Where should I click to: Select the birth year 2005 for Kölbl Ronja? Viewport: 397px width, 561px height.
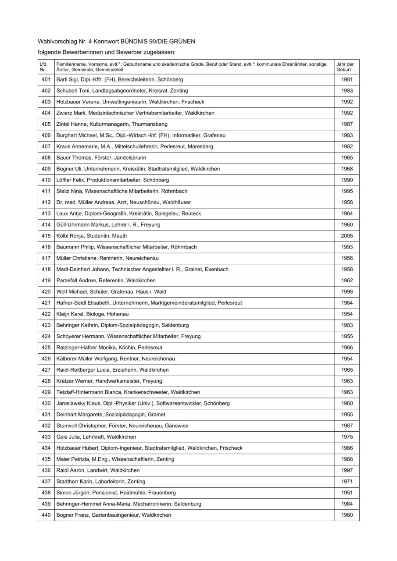tap(347, 236)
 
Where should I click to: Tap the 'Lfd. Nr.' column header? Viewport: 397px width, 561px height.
tap(43, 67)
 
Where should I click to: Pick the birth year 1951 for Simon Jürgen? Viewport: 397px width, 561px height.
tap(347, 493)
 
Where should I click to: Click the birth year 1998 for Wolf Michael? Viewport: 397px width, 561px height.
tap(347, 292)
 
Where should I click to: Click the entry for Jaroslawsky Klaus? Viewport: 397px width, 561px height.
tap(143, 403)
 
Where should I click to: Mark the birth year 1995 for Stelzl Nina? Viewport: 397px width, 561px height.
tap(347, 191)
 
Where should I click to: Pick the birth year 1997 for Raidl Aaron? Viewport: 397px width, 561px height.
tap(347, 470)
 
